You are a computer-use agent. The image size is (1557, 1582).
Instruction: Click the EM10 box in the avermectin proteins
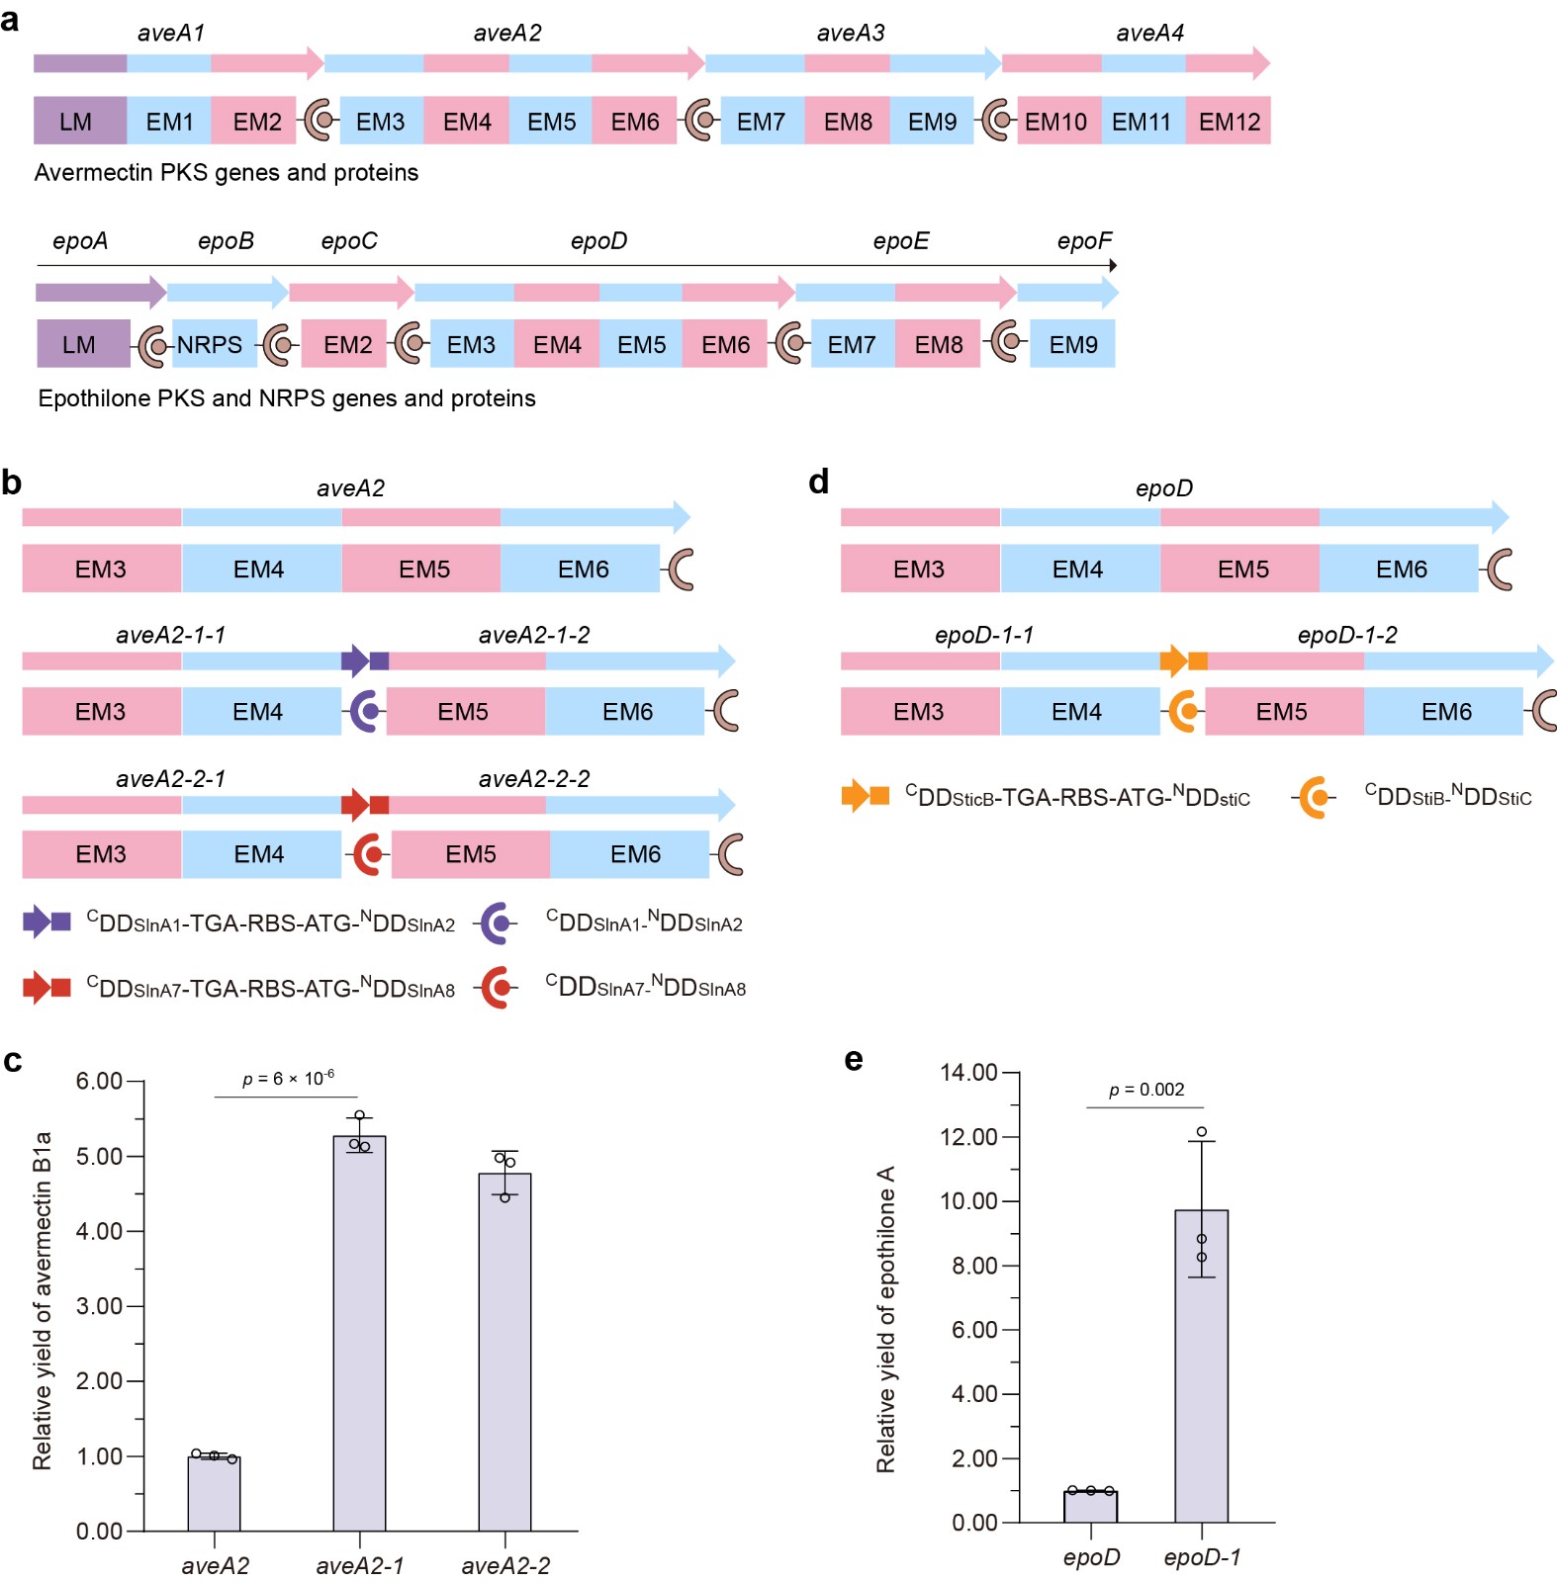(1057, 122)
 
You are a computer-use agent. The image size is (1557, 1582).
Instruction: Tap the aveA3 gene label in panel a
(850, 33)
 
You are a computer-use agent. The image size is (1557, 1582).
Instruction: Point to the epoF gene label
(1083, 241)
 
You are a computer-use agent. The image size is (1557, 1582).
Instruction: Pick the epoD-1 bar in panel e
(1201, 1365)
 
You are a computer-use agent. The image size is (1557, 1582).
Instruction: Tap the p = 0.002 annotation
(1145, 1090)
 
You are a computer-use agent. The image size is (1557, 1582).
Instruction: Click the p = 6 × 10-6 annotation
(288, 1078)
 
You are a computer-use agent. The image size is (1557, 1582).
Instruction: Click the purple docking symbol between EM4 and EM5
(365, 711)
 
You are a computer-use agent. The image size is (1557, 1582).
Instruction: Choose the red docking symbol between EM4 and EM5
(369, 853)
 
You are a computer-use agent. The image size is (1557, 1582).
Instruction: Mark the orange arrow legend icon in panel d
(864, 796)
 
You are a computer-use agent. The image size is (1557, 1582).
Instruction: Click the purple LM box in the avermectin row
(79, 122)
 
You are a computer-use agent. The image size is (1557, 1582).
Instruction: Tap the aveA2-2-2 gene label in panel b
(533, 779)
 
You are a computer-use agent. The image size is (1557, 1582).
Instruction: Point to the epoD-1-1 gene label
(983, 635)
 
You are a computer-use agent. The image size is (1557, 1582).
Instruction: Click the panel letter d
(818, 483)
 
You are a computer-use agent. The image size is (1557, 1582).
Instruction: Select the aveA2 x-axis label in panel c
(215, 1565)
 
